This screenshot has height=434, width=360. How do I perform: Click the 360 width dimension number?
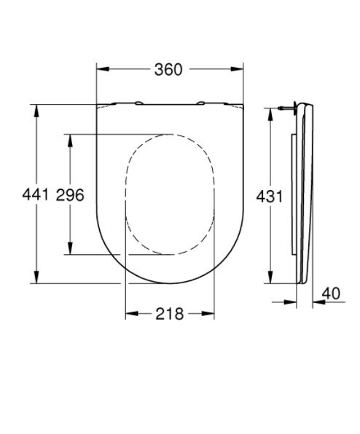tap(168, 69)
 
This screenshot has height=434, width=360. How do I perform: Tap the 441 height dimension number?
tap(35, 194)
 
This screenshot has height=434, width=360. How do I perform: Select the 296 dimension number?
tap(70, 195)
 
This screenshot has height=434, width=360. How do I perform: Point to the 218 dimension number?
tap(170, 314)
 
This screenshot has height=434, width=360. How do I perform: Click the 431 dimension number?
tap(269, 197)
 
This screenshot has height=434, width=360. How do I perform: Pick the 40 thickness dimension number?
tap(331, 293)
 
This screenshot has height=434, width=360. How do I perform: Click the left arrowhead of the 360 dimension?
tap(103, 69)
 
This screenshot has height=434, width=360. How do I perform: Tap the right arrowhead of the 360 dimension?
tap(238, 69)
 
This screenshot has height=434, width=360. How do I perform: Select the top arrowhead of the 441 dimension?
tap(36, 111)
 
